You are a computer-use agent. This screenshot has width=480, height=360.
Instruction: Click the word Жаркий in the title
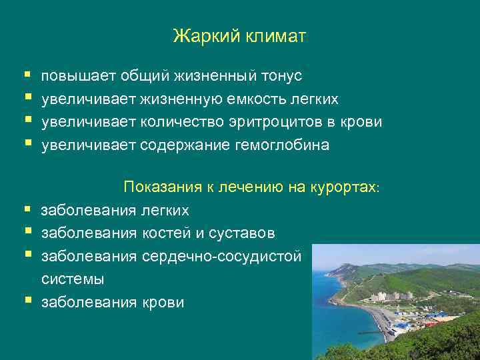(x=199, y=36)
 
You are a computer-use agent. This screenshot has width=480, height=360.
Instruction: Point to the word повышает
(x=79, y=77)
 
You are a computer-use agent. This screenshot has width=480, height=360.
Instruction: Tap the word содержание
(x=183, y=145)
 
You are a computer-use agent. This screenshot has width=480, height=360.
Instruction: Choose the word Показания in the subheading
(x=163, y=187)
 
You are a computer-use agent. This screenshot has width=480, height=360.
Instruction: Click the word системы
(x=73, y=279)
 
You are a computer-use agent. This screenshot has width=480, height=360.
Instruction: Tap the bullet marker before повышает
(x=27, y=76)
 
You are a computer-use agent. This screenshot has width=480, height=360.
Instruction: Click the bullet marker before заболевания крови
(x=27, y=301)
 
